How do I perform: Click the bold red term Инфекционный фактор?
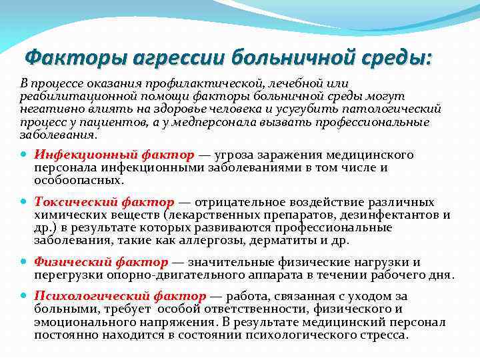pyautogui.click(x=114, y=155)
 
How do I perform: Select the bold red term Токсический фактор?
pyautogui.click(x=104, y=202)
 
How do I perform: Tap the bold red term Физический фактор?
pyautogui.click(x=101, y=262)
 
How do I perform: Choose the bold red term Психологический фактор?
pyautogui.click(x=120, y=296)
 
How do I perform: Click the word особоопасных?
pyautogui.click(x=70, y=180)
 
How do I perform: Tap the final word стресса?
pyautogui.click(x=383, y=334)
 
